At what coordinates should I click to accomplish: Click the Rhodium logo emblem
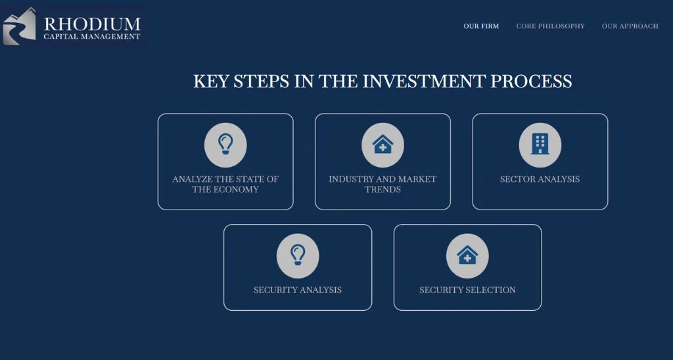pyautogui.click(x=19, y=26)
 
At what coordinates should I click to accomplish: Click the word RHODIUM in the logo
pyautogui.click(x=92, y=24)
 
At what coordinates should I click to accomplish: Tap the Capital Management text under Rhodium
pyautogui.click(x=92, y=37)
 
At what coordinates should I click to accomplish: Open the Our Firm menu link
pyautogui.click(x=481, y=26)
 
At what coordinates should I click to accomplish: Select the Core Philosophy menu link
pyautogui.click(x=550, y=26)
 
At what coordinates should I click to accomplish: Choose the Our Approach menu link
pyautogui.click(x=630, y=26)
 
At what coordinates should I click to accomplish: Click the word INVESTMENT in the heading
pyautogui.click(x=424, y=81)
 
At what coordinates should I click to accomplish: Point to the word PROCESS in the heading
pyautogui.click(x=531, y=81)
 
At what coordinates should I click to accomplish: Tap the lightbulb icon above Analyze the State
pyautogui.click(x=225, y=144)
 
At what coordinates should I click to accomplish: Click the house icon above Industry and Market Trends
pyautogui.click(x=383, y=144)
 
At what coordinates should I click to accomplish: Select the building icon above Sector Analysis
pyautogui.click(x=540, y=144)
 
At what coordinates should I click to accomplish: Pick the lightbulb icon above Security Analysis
pyautogui.click(x=298, y=255)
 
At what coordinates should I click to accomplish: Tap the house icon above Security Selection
pyautogui.click(x=467, y=255)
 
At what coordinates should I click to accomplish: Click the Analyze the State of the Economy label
pyautogui.click(x=225, y=185)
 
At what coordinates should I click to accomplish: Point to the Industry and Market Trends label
pyautogui.click(x=383, y=185)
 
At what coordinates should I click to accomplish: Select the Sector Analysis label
pyautogui.click(x=540, y=179)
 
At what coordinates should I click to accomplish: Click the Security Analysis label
pyautogui.click(x=298, y=290)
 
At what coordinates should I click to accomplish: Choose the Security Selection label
pyautogui.click(x=467, y=290)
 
